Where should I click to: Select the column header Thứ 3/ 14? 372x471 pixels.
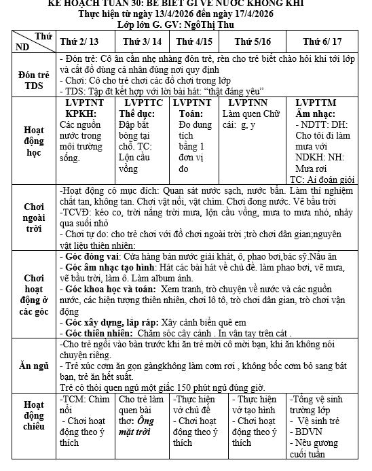143,41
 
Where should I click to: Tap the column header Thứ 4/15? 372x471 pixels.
193,41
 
